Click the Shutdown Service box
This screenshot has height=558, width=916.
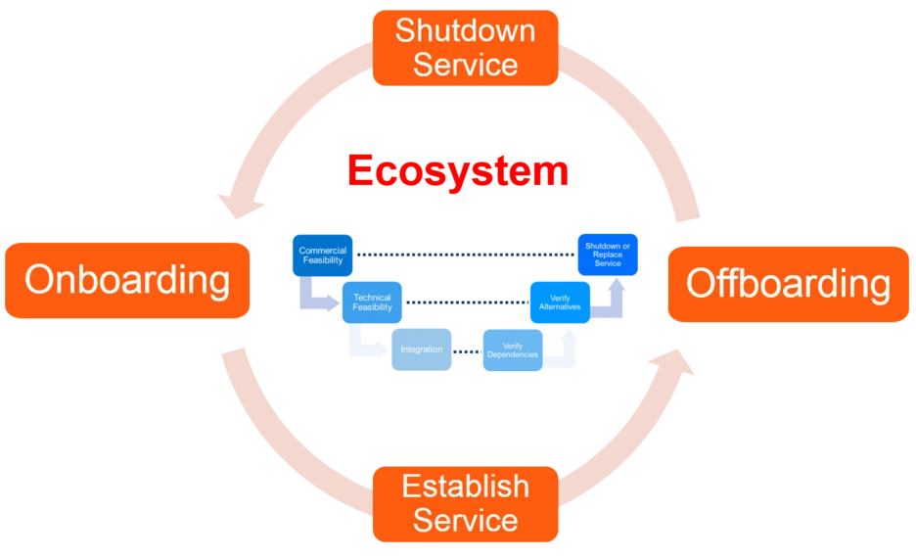click(x=465, y=47)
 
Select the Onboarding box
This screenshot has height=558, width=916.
click(x=127, y=280)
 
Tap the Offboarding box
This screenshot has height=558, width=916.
click(x=788, y=284)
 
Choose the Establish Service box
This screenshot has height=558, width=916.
click(x=465, y=503)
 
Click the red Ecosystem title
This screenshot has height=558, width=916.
click(x=456, y=170)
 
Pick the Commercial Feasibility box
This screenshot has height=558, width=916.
click(x=322, y=256)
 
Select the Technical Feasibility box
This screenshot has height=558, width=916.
click(x=371, y=302)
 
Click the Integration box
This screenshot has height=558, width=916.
click(x=422, y=349)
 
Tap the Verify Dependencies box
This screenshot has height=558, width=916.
click(x=512, y=350)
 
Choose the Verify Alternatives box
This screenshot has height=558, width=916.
click(x=560, y=302)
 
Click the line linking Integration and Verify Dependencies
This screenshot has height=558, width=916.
click(x=467, y=349)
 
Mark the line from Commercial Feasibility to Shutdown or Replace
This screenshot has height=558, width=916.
click(x=465, y=255)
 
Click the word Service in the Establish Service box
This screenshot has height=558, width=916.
click(x=465, y=520)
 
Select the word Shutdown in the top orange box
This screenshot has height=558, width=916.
click(x=465, y=30)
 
